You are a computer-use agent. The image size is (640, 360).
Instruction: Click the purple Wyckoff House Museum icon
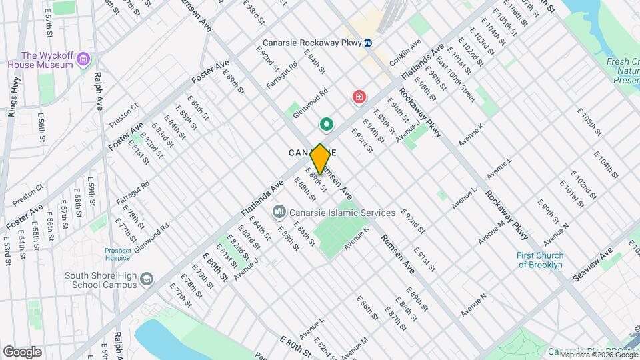83,60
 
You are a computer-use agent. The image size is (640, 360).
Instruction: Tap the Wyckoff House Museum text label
39,60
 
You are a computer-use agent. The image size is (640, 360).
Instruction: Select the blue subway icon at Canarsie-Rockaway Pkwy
368,43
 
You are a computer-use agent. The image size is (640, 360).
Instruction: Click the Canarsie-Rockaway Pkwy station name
312,43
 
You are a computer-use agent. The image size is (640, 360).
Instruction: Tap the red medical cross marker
359,99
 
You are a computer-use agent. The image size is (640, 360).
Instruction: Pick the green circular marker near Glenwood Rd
327,124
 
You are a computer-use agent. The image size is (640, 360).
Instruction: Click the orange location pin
321,159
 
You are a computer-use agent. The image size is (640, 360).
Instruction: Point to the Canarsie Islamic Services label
342,213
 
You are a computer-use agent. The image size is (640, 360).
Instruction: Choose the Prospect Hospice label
117,255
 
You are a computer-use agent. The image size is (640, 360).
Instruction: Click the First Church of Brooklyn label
540,260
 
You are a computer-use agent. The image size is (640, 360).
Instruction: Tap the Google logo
22,352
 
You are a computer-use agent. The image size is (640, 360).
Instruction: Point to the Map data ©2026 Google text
599,355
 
